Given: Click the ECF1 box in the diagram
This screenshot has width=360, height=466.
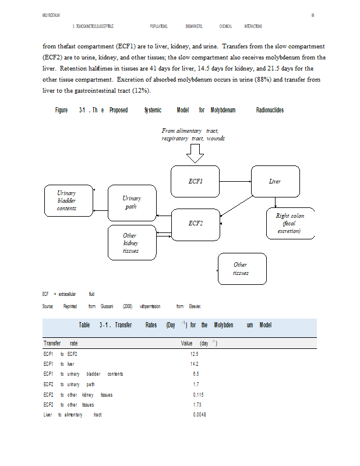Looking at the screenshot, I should click(x=196, y=181).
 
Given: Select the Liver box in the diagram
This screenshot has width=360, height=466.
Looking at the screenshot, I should click(x=274, y=181).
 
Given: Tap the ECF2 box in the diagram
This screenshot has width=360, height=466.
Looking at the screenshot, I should click(x=196, y=223).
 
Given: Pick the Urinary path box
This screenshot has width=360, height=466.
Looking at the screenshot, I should click(x=132, y=202).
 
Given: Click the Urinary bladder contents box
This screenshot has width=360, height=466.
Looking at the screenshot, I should click(x=66, y=200).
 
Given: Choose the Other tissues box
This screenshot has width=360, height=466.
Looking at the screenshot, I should click(x=240, y=269).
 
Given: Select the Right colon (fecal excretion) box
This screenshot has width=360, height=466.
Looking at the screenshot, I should click(x=290, y=223).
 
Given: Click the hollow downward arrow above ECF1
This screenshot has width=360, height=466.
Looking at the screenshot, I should click(x=195, y=153).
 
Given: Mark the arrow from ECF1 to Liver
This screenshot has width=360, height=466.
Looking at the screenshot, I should click(x=235, y=181).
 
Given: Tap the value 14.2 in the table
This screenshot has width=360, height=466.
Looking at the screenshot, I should click(x=195, y=363).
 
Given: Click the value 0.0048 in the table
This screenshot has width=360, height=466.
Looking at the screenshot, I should click(x=199, y=414).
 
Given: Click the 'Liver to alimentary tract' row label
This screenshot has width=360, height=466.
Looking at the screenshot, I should click(x=72, y=414).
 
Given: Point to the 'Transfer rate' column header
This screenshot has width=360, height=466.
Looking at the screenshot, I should click(x=61, y=343).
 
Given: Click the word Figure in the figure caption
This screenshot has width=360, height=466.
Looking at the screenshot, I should click(x=61, y=110).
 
